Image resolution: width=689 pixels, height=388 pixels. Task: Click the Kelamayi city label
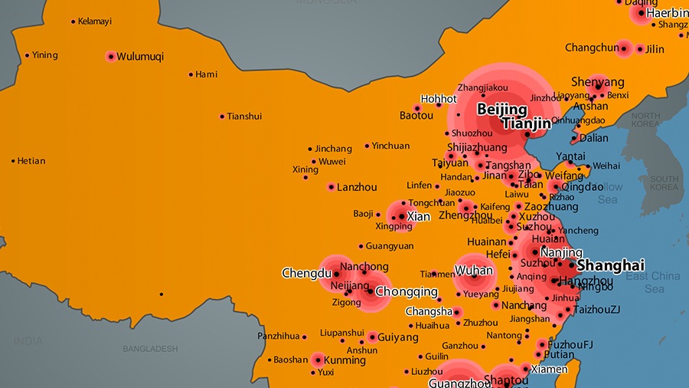click(x=95, y=21)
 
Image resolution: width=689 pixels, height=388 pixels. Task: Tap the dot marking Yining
click(x=28, y=55)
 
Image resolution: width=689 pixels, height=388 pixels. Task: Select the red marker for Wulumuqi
click(x=111, y=56)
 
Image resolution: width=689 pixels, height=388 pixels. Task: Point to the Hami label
click(x=207, y=74)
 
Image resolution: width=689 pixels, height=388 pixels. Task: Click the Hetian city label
click(x=31, y=161)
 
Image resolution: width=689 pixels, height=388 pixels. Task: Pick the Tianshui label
click(x=245, y=117)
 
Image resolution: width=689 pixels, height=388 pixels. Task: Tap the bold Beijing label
click(x=502, y=110)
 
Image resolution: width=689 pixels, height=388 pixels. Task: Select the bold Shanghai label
click(x=610, y=265)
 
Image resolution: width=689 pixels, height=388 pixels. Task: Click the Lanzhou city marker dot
click(x=331, y=187)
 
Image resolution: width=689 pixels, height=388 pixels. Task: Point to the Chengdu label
click(x=306, y=273)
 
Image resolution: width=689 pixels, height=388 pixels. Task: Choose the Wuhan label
click(x=474, y=271)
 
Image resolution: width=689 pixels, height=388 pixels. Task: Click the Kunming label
click(x=344, y=360)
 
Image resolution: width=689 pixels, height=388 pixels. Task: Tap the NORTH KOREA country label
click(x=645, y=120)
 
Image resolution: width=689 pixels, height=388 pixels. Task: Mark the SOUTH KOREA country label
click(x=664, y=183)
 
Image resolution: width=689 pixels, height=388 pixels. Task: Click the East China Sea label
click(x=653, y=282)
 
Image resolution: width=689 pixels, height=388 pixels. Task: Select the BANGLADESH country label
click(x=150, y=349)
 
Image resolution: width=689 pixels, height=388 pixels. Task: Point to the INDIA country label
click(x=28, y=341)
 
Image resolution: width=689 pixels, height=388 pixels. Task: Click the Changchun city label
click(x=592, y=48)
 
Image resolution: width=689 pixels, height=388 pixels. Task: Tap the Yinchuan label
click(x=390, y=146)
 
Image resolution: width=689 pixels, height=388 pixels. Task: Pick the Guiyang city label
click(x=398, y=337)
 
